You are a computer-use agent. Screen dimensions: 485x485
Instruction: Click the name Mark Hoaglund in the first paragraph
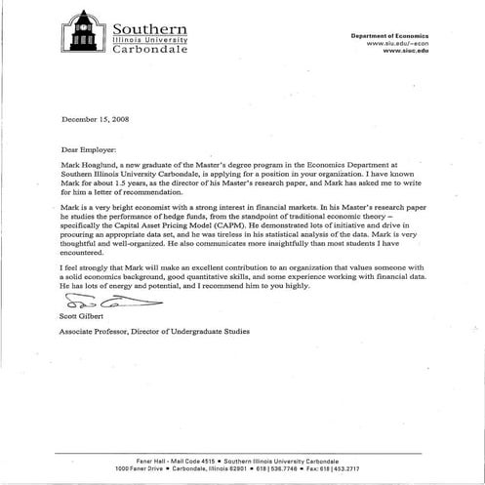tap(91, 168)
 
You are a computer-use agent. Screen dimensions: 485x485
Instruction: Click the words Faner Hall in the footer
tap(152, 459)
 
